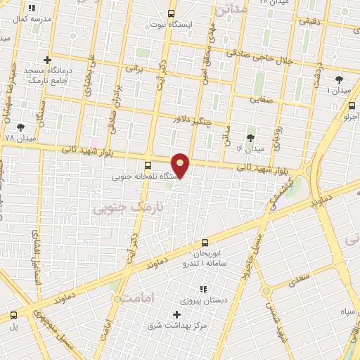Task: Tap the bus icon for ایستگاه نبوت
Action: [172, 13]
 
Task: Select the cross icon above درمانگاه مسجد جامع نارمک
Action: [48, 60]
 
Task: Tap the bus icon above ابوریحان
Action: [205, 242]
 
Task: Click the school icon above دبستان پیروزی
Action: [203, 289]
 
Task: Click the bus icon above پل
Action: [13, 316]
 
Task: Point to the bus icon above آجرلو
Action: [352, 105]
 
